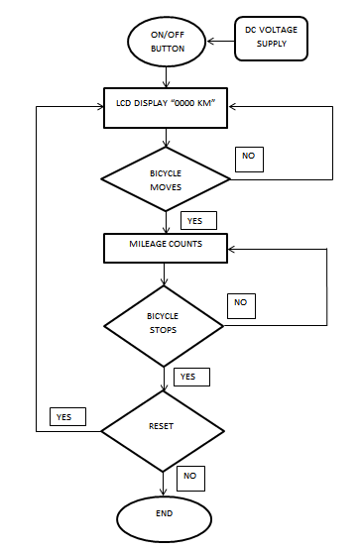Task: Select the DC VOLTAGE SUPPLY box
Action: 271,37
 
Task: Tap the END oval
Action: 164,513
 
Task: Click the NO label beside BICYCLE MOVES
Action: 250,158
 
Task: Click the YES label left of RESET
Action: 67,416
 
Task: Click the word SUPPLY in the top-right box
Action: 271,44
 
